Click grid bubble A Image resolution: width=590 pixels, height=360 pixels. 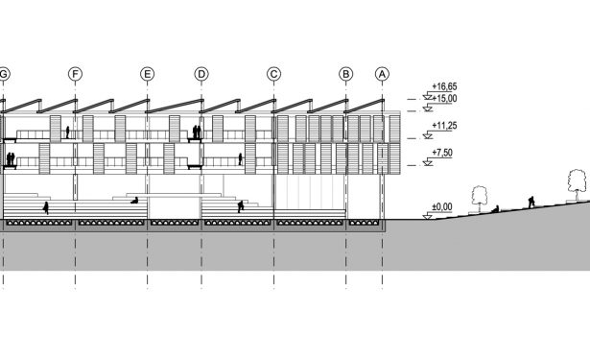(382, 74)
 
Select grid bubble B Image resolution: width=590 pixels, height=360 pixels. (345, 74)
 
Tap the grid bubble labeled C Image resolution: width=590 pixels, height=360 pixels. (273, 74)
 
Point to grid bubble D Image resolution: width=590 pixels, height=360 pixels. (201, 74)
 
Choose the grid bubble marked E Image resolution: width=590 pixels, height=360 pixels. (147, 74)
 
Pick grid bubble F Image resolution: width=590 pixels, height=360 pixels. (75, 74)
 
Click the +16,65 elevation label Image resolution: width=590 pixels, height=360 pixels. (444, 86)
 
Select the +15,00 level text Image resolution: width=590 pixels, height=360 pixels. (444, 98)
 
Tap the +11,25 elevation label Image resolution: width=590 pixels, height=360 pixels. (444, 126)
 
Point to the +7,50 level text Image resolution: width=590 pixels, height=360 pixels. (442, 153)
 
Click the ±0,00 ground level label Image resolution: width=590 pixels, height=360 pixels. (442, 206)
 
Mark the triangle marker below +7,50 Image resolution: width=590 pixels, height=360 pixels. (428, 163)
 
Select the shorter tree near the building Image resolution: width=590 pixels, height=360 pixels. (480, 200)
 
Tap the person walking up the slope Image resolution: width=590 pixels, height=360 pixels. (531, 203)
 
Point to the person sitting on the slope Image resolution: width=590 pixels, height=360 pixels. (496, 209)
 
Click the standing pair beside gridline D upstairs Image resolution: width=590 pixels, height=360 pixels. (197, 132)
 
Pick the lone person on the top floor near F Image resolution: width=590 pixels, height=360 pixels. (68, 132)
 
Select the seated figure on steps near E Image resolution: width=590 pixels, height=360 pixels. (134, 201)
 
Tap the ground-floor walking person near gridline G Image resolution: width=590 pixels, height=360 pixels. (46, 208)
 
